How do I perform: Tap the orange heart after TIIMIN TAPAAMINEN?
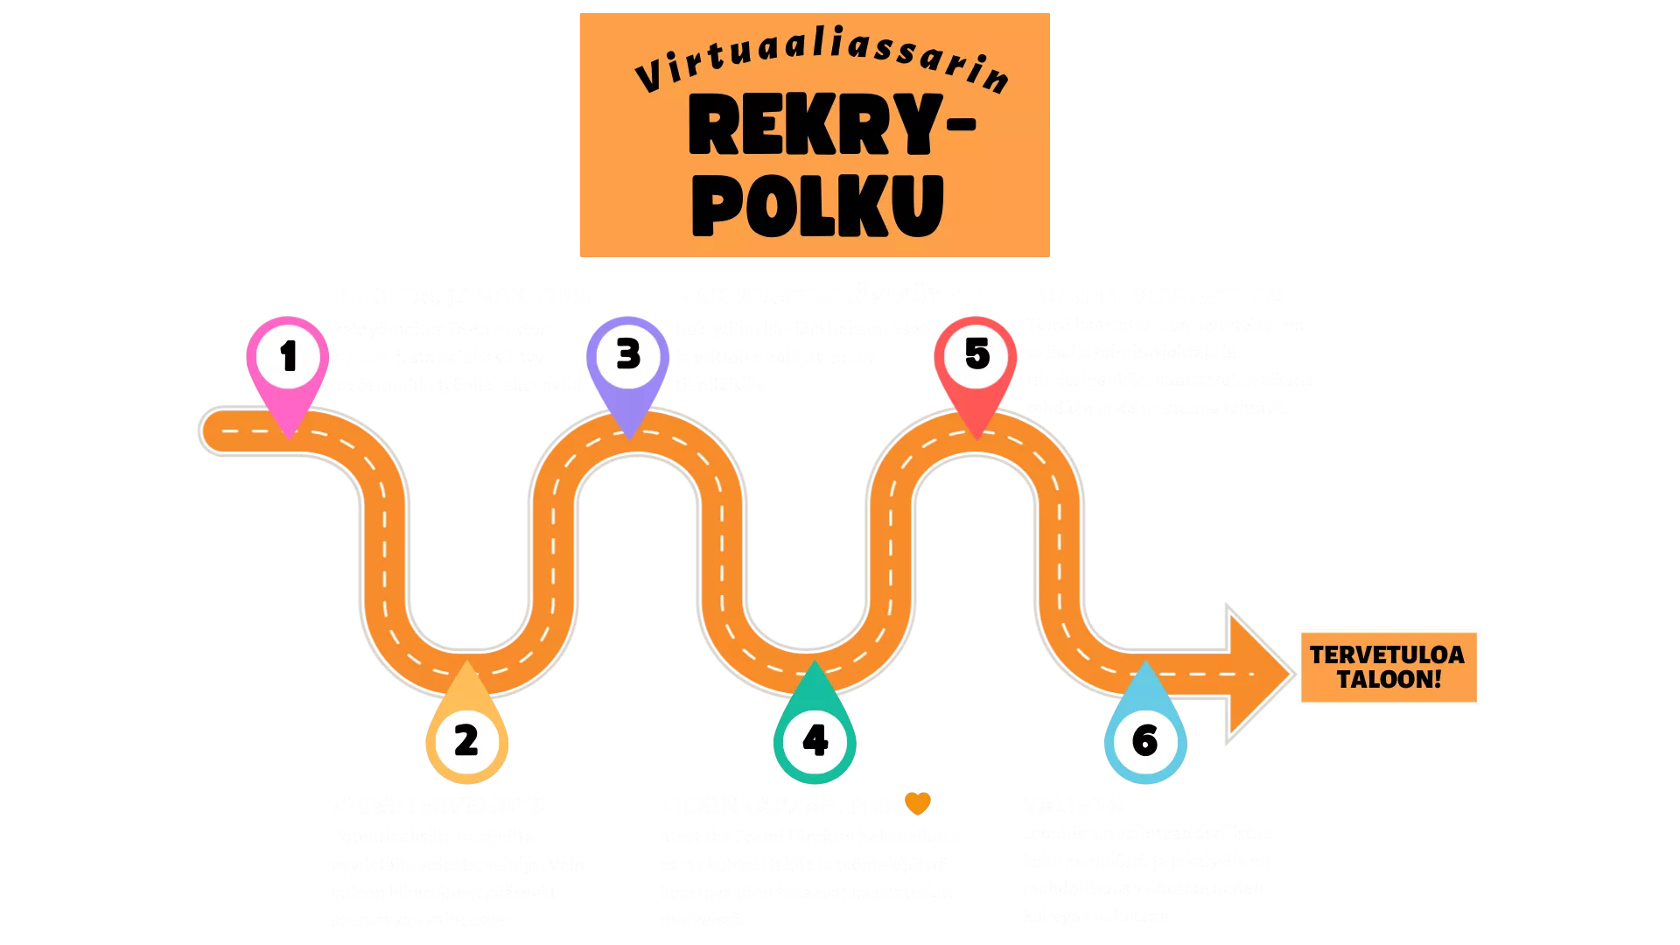917,802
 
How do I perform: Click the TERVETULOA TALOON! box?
1388,667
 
